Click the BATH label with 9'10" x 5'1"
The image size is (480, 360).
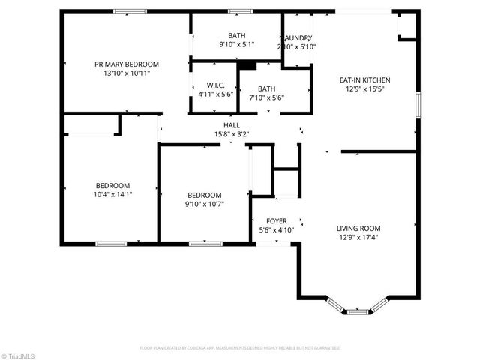(236, 35)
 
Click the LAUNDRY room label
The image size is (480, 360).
(297, 38)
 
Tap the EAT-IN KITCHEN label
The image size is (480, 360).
(364, 79)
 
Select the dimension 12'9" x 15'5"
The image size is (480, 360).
(364, 88)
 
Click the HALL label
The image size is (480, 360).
(231, 125)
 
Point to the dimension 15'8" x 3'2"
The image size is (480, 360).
(231, 134)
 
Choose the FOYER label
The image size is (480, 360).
(276, 221)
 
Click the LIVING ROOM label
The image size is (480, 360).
(358, 229)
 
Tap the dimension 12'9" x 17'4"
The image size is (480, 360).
(358, 238)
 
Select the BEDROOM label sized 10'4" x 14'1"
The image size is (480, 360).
(112, 186)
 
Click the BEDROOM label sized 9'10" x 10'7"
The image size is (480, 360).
(205, 195)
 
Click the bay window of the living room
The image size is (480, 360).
(358, 307)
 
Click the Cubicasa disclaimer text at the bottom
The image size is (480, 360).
(240, 348)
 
